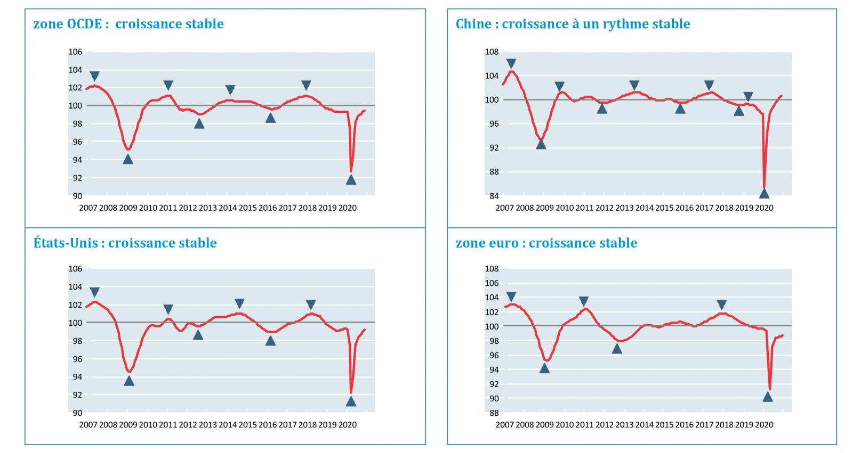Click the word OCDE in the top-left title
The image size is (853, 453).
[84, 24]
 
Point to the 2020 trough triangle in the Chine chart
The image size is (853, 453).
[764, 194]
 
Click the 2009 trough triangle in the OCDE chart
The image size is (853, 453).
[128, 159]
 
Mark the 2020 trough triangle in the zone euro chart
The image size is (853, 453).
[768, 397]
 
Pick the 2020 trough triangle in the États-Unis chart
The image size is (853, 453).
[351, 401]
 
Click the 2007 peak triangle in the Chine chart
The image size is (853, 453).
[511, 64]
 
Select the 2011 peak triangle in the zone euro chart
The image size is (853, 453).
[584, 301]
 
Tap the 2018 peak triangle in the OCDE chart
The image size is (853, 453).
[306, 85]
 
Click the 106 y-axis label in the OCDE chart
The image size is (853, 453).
[75, 52]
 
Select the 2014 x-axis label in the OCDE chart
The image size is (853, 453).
[228, 208]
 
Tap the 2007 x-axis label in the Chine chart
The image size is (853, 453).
[504, 208]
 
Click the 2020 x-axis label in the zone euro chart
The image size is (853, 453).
[764, 425]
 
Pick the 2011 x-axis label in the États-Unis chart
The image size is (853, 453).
[168, 425]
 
